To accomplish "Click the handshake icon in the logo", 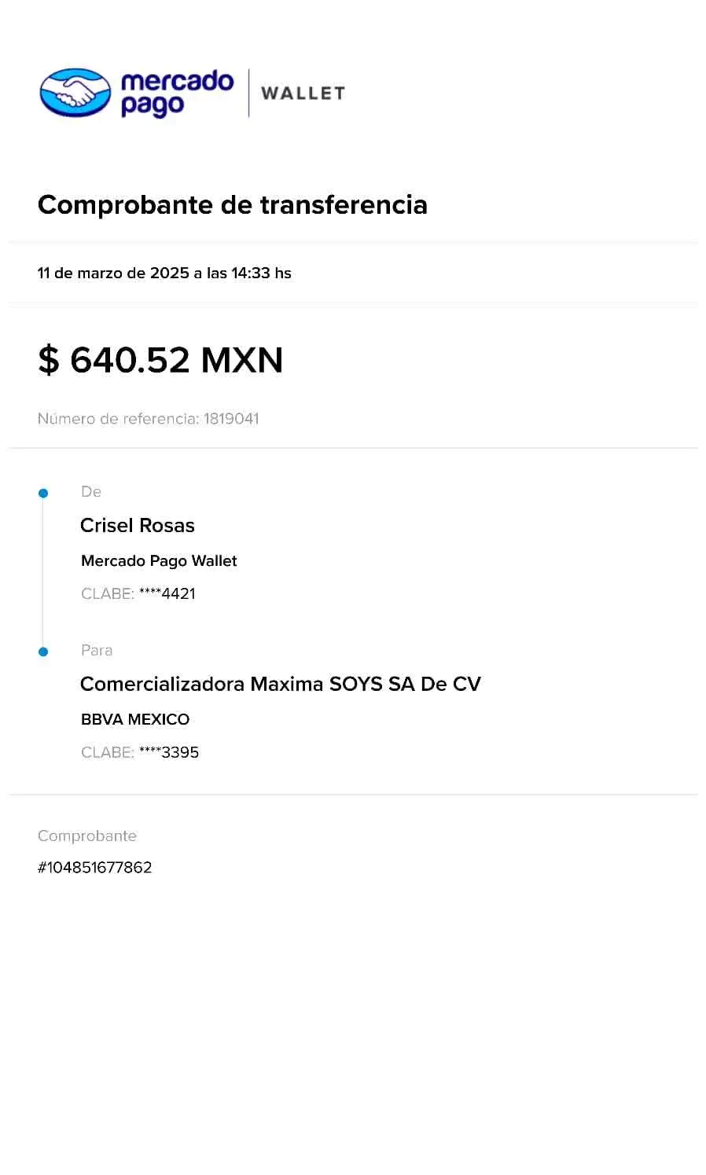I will click(x=75, y=92).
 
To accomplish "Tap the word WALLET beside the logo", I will click(x=303, y=93).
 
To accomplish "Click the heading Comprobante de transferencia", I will click(x=232, y=204).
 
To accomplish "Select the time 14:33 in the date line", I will click(x=251, y=274).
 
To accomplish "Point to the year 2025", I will click(x=169, y=274).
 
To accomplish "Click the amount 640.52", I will click(x=129, y=361).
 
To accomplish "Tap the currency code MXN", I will click(x=241, y=361).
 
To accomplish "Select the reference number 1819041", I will click(x=230, y=419).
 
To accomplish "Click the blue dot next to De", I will click(x=43, y=494).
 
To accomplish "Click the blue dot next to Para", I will click(x=43, y=652).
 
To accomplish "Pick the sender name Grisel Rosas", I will click(x=138, y=526).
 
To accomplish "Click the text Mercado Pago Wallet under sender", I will click(x=160, y=561).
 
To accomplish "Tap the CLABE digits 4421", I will click(x=178, y=594).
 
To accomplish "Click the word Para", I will click(x=97, y=651).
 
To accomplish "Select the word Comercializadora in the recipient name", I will click(x=163, y=685).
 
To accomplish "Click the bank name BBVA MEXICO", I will click(x=135, y=719).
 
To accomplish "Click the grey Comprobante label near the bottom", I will click(x=87, y=836).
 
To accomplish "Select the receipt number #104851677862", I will click(x=95, y=868).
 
